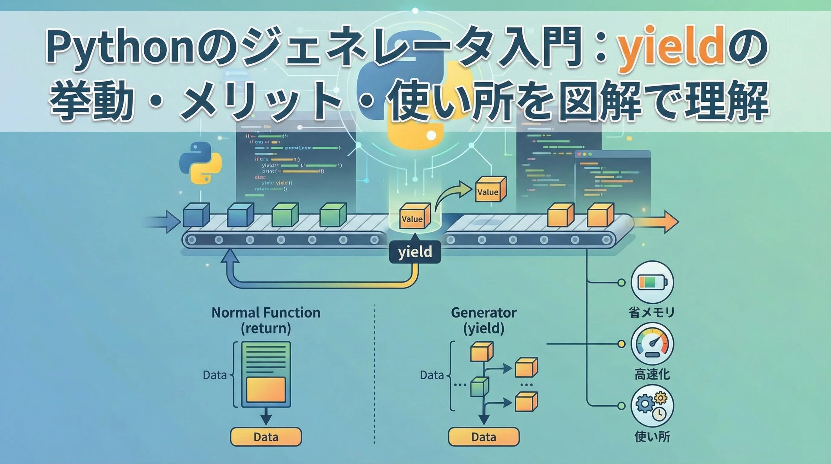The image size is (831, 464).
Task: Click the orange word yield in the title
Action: [x=668, y=48]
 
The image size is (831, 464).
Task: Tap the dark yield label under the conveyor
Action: [x=415, y=252]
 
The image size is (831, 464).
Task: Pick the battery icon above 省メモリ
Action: [x=652, y=282]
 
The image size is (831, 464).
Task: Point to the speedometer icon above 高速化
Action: [x=652, y=344]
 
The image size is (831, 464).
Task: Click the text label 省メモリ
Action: [x=652, y=312]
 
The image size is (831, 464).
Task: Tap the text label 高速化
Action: [x=652, y=374]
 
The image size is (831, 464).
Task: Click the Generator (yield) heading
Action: [x=483, y=321]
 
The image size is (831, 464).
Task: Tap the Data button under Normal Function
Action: [x=266, y=437]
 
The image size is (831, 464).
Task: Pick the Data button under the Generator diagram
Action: [x=483, y=437]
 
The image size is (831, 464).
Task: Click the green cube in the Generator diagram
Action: [x=480, y=387]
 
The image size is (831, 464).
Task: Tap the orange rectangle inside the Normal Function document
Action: [x=266, y=389]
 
